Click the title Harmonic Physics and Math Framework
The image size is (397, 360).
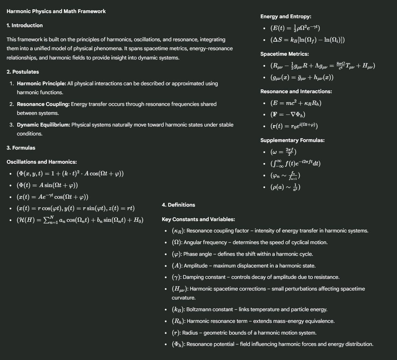56,11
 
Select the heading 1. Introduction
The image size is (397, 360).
25,25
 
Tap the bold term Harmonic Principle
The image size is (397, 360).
41,84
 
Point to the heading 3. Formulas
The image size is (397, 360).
21,148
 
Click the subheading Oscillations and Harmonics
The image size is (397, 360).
42,162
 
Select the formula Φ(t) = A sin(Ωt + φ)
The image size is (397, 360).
47,185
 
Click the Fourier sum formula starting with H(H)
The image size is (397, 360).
80,220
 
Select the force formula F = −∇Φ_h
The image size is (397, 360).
288,114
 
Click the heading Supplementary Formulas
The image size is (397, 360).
292,140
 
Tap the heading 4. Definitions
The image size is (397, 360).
178,205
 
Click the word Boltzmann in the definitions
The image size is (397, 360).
200,309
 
